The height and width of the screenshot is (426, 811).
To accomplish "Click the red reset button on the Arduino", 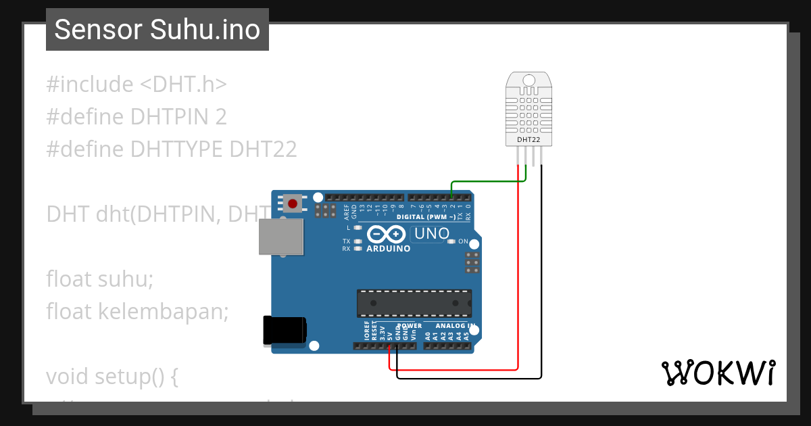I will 293,203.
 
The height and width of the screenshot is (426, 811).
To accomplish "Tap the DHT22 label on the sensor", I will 528,140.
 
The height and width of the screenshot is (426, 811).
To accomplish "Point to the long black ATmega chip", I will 414,303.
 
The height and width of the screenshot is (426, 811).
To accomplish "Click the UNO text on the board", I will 431,234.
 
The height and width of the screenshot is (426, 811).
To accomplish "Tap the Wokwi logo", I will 718,373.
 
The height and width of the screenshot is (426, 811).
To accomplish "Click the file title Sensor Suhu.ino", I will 157,30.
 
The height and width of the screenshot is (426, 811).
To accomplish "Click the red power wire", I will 518,284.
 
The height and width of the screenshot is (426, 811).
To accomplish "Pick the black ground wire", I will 541,284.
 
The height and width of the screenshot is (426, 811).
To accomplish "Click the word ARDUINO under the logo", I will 388,249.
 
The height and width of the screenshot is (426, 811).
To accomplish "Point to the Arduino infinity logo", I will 386,234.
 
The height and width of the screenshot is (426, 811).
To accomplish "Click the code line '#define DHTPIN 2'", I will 137,117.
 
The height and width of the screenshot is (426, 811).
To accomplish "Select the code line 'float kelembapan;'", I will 138,311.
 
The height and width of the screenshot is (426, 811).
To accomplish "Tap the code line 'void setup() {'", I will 112,376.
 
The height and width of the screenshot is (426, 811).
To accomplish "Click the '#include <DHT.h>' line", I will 137,85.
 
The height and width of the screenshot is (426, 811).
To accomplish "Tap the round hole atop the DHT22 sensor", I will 528,80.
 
